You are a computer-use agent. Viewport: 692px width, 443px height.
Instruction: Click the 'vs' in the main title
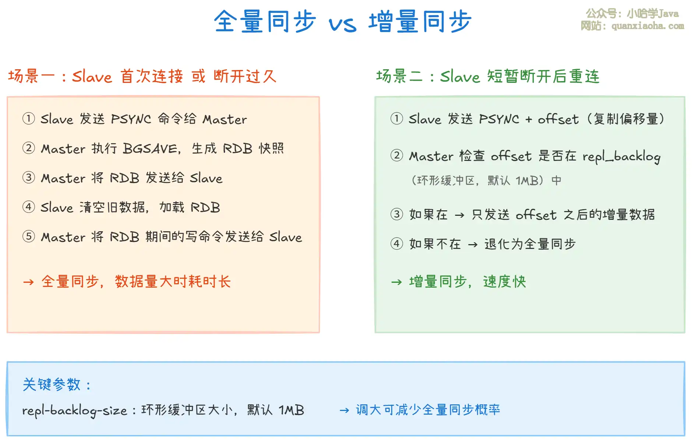point(342,24)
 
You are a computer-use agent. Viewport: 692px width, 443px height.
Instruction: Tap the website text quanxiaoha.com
point(648,26)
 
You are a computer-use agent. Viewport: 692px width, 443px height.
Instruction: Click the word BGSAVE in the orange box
point(150,149)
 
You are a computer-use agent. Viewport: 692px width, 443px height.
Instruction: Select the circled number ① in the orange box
point(29,119)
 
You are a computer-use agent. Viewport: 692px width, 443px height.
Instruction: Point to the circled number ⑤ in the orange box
point(29,236)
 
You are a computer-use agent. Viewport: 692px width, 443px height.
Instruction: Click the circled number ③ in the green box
point(397,214)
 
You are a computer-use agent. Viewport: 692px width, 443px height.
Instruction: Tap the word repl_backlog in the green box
point(621,157)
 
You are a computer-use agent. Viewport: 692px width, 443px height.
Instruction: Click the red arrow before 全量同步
point(28,282)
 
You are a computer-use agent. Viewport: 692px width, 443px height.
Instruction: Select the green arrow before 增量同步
point(396,282)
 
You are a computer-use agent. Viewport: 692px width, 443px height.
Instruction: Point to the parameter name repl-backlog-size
point(75,411)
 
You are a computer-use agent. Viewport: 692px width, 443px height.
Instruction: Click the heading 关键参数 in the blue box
point(52,384)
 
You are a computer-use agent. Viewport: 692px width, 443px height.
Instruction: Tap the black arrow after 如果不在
point(473,245)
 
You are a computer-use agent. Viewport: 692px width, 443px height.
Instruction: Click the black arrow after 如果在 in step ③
point(459,215)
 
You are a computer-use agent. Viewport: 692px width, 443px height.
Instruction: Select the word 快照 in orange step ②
point(271,148)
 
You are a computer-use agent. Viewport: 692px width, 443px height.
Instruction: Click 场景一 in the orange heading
point(31,76)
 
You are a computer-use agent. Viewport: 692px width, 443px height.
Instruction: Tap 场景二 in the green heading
point(399,76)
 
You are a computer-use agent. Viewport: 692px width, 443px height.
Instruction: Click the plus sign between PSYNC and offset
point(529,119)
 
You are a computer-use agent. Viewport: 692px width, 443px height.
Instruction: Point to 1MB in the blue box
point(291,410)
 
